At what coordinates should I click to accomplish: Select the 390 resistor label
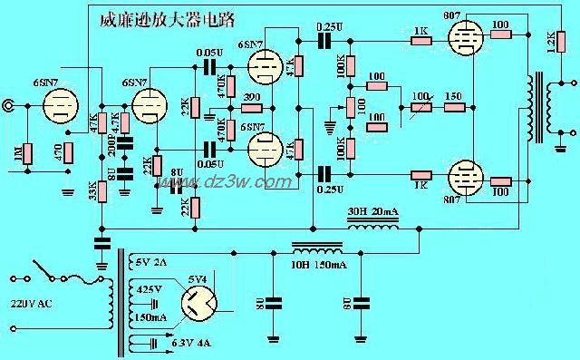tap(251, 96)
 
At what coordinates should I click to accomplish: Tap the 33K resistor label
tap(92, 192)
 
